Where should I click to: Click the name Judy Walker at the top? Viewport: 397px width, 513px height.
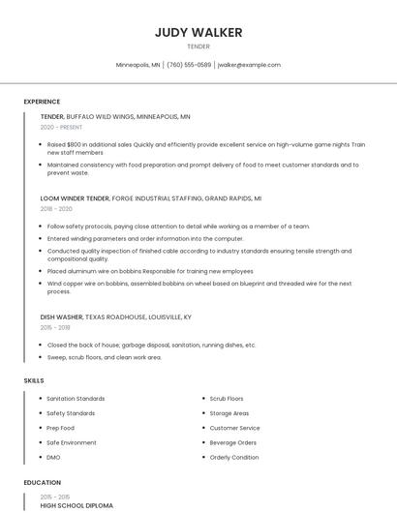point(198,32)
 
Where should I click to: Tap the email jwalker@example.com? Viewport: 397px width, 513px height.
point(249,65)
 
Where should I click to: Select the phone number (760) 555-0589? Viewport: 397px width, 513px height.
point(189,65)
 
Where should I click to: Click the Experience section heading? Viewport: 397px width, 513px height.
point(42,102)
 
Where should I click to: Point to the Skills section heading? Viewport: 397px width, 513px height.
point(34,380)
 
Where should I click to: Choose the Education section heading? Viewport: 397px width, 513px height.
point(42,482)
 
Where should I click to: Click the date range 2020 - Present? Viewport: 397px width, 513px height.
point(61,127)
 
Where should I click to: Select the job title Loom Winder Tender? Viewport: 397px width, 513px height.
point(75,197)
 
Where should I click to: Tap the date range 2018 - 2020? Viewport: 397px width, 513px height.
point(56,208)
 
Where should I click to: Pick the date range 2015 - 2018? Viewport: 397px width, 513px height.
point(56,327)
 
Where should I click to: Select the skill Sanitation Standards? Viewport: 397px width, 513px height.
point(76,399)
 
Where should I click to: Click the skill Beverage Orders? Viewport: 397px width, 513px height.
point(233,442)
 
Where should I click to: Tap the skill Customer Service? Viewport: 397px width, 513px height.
point(235,428)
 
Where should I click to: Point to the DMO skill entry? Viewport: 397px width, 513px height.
point(53,457)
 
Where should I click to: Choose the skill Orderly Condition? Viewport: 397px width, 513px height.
point(234,457)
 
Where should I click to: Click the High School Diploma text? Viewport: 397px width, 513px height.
point(76,505)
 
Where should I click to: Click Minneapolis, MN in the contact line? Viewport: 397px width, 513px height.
point(138,65)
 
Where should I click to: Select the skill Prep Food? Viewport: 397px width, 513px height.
point(60,428)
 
